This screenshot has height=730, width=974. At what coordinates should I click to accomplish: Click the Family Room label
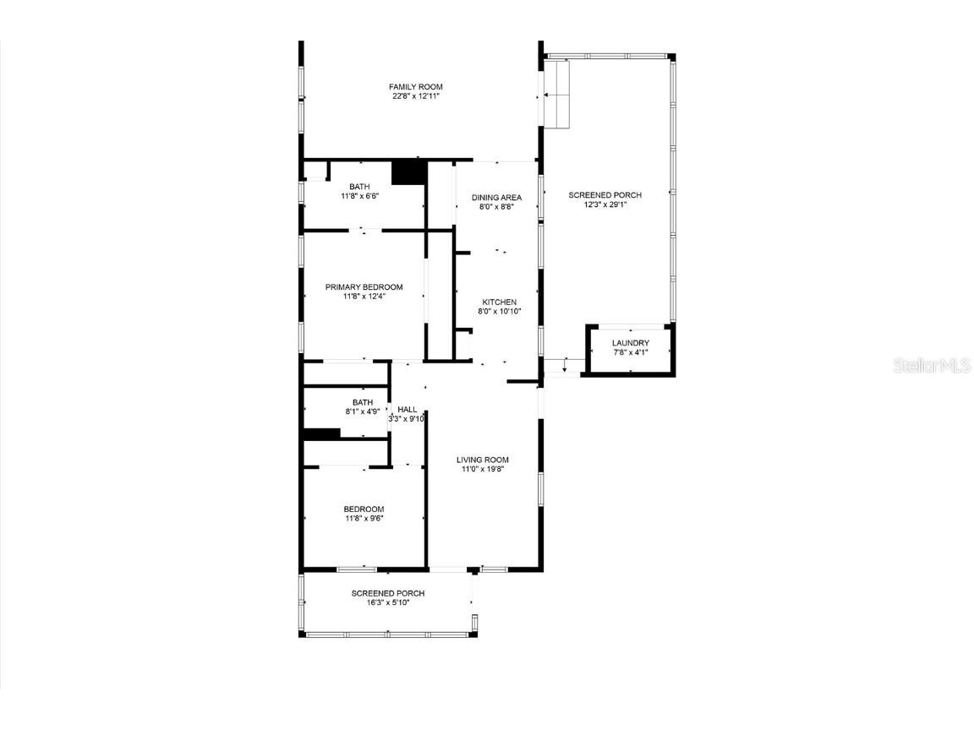415,87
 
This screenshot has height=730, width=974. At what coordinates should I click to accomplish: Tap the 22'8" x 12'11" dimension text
415,96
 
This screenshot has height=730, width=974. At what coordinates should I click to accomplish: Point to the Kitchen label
499,302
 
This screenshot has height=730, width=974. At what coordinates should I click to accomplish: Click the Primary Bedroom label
364,287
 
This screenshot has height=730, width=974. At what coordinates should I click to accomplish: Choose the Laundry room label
631,343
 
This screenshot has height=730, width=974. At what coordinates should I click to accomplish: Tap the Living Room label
483,460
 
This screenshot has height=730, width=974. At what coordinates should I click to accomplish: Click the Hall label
407,410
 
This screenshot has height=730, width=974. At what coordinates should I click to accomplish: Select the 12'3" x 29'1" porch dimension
605,204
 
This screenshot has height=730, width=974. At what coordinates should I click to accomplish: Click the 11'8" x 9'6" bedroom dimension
364,519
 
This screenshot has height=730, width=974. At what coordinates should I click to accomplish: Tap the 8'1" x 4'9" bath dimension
363,411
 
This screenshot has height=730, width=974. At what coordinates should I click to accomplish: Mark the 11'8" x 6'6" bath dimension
359,196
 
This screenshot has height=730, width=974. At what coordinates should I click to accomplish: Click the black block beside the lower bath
321,434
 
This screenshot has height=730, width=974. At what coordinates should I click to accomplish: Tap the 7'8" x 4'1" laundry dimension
631,352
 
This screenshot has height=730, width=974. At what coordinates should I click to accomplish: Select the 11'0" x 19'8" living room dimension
483,470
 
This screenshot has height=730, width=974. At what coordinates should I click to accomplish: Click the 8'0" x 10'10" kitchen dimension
499,312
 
